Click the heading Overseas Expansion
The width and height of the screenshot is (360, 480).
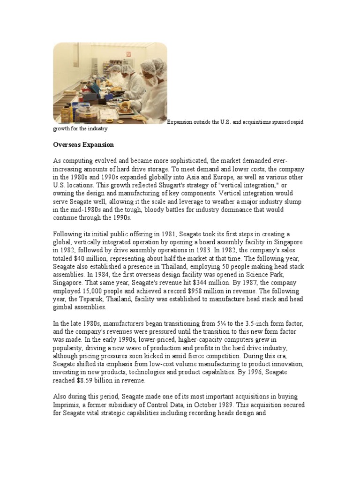point(83,144)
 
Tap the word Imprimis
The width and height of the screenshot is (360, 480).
point(67,404)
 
